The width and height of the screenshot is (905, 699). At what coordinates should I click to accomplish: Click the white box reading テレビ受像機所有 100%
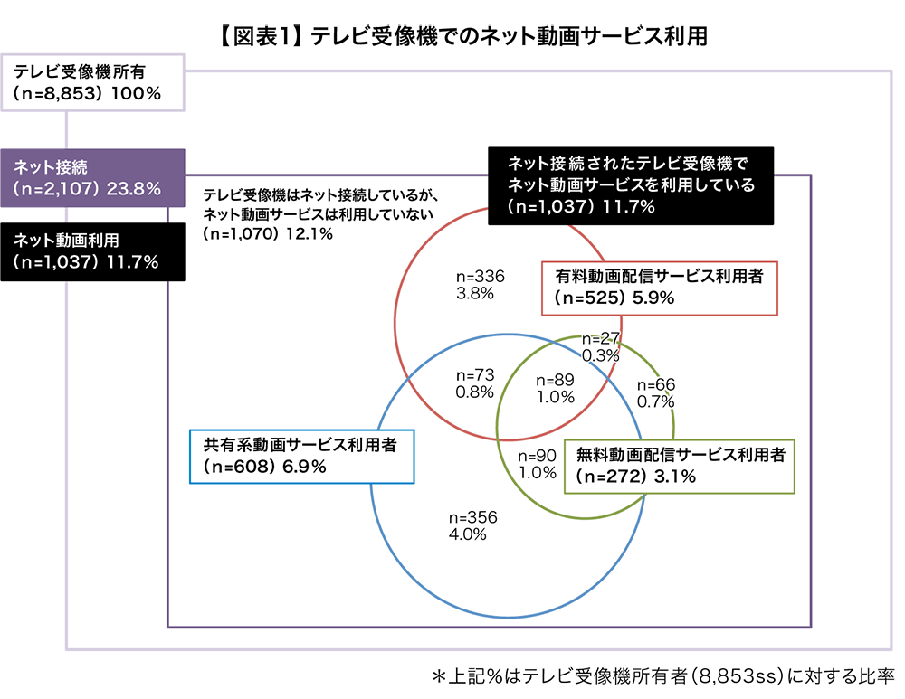93,82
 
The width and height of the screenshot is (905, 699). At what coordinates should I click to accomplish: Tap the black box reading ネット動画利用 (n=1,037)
93,250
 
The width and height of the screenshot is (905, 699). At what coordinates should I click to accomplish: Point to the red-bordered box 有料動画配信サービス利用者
659,288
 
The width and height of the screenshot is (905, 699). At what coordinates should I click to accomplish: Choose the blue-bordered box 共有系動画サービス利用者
301,456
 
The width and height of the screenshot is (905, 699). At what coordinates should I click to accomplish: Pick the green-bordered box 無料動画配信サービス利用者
679,466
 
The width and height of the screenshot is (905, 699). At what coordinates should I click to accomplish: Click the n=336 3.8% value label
481,284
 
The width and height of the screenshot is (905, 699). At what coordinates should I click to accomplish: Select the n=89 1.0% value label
556,387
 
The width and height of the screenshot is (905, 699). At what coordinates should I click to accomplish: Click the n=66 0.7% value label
656,392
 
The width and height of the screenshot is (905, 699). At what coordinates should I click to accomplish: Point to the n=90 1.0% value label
537,464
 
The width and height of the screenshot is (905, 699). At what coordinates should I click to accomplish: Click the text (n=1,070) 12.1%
269,234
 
